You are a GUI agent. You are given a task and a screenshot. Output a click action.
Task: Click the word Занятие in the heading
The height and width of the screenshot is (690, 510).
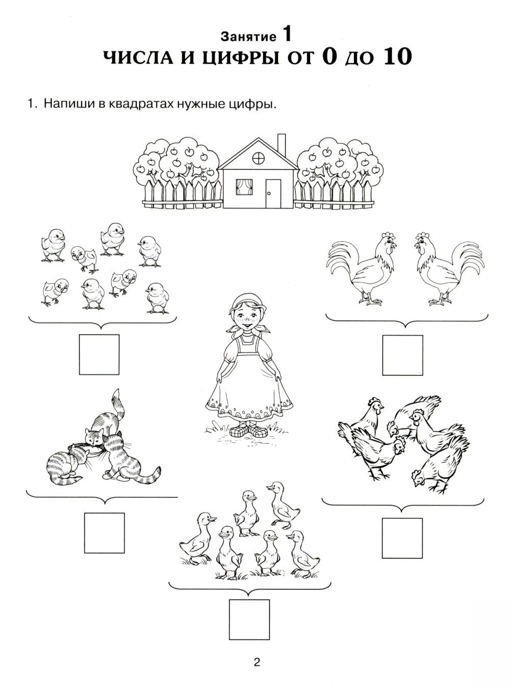click(248, 37)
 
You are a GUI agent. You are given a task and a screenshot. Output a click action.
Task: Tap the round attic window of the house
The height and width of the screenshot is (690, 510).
click(258, 158)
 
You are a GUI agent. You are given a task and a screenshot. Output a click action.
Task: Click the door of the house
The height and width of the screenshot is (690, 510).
click(273, 193)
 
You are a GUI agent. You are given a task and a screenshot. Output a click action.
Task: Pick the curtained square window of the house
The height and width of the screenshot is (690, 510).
click(244, 187)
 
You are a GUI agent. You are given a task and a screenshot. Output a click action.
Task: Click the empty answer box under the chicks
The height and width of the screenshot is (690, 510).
click(99, 355)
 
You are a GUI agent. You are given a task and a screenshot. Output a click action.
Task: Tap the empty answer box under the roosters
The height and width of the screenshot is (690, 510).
click(402, 355)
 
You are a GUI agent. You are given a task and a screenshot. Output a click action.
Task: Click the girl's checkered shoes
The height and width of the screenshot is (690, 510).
click(248, 430)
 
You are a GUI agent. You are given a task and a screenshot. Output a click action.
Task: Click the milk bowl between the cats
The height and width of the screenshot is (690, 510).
click(90, 450)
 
